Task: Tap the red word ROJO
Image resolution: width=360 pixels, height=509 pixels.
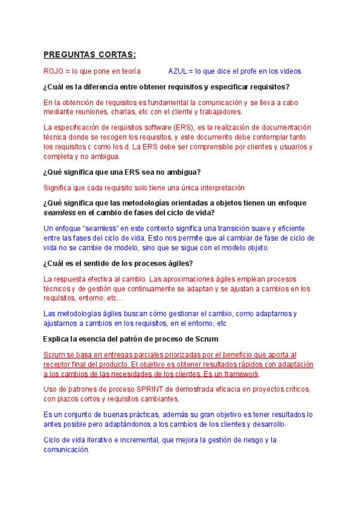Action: pyautogui.click(x=53, y=71)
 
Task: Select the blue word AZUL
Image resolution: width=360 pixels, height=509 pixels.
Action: pyautogui.click(x=178, y=71)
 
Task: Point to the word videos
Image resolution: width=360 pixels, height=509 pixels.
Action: pyautogui.click(x=289, y=71)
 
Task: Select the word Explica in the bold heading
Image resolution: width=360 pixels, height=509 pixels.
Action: pyautogui.click(x=57, y=339)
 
